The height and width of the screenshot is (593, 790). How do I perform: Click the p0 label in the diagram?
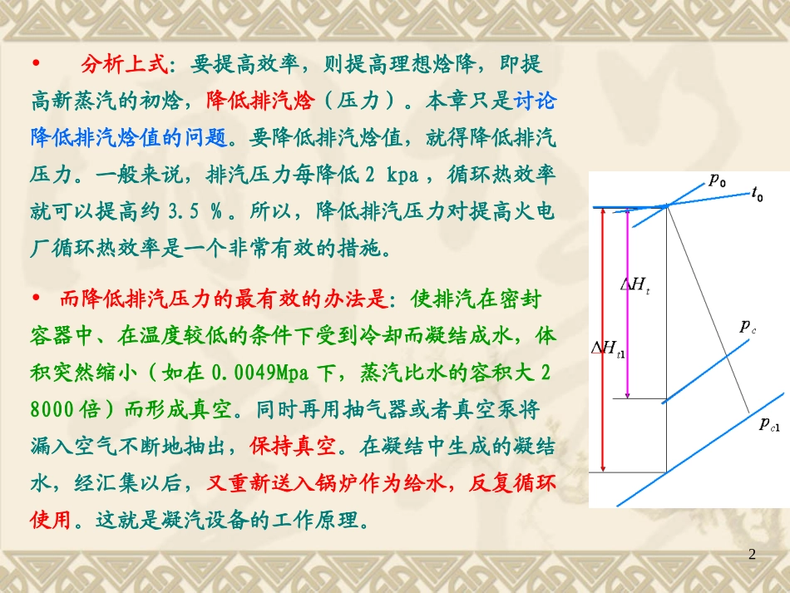pyautogui.click(x=717, y=180)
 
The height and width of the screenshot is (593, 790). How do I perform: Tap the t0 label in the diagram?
pyautogui.click(x=757, y=195)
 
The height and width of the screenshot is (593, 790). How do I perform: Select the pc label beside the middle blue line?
pyautogui.click(x=748, y=327)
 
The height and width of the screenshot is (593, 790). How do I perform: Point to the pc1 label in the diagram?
pyautogui.click(x=769, y=424)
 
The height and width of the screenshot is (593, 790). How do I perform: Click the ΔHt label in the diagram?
pyautogui.click(x=635, y=284)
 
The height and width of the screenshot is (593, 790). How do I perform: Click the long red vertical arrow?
pyautogui.click(x=602, y=341)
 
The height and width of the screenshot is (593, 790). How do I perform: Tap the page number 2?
pyautogui.click(x=753, y=554)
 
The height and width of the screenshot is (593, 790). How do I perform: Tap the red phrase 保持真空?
pyautogui.click(x=293, y=446)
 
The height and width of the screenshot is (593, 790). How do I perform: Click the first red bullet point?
pyautogui.click(x=36, y=64)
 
